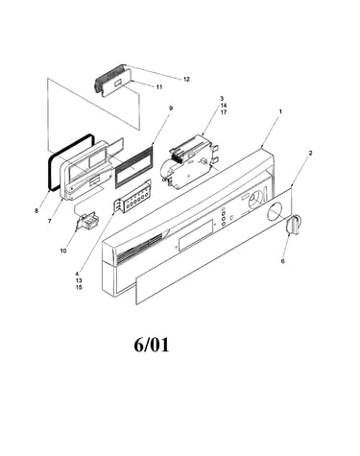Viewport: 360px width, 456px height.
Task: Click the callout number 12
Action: coord(186,79)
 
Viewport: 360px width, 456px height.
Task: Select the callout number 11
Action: coord(159,86)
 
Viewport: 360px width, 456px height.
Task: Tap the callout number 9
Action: coord(171,108)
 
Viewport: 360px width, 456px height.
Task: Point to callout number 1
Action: coord(280,111)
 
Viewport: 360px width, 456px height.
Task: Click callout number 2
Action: coord(310,153)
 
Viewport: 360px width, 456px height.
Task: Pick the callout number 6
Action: coord(282,261)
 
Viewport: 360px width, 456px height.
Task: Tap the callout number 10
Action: coord(63,251)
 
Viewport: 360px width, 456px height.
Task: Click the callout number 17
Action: coord(224,112)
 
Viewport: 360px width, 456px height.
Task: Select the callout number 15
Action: coord(79,287)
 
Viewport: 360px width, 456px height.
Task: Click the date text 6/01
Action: coord(152,345)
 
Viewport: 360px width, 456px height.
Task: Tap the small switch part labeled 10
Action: coord(86,221)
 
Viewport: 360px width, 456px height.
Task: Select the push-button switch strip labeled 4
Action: coord(132,201)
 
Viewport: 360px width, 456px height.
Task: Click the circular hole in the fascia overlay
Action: coord(275,213)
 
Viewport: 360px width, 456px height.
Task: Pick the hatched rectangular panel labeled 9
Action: coord(133,164)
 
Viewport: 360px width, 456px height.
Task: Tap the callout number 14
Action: coord(224,106)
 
